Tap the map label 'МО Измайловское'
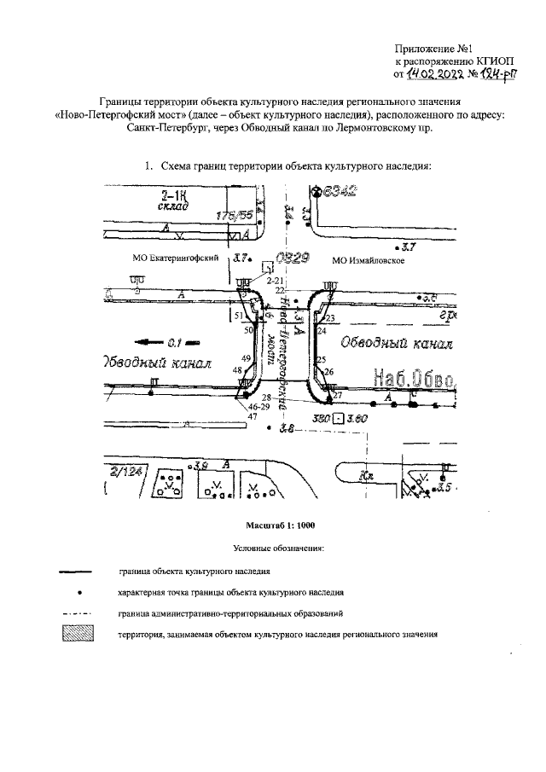pos(368,260)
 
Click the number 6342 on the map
pos(338,191)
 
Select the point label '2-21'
pos(274,280)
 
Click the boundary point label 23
pos(330,318)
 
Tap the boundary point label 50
pos(225,329)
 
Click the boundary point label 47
pos(252,417)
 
